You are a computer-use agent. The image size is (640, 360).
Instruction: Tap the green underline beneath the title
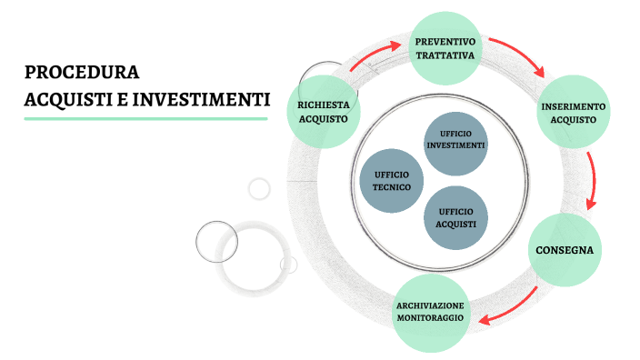[145, 118]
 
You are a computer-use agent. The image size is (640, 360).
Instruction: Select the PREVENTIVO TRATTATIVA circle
[445, 48]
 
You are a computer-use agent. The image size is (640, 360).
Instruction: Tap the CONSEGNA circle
[565, 249]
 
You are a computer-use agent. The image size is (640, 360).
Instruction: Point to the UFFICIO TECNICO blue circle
[391, 180]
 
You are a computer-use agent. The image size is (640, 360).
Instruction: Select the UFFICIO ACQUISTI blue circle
[455, 218]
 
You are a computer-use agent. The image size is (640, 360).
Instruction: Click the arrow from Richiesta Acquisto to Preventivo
[372, 56]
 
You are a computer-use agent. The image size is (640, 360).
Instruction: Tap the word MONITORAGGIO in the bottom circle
[430, 318]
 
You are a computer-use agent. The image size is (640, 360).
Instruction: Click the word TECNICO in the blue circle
[391, 187]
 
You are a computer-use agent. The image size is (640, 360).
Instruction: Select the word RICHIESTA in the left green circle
[323, 105]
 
